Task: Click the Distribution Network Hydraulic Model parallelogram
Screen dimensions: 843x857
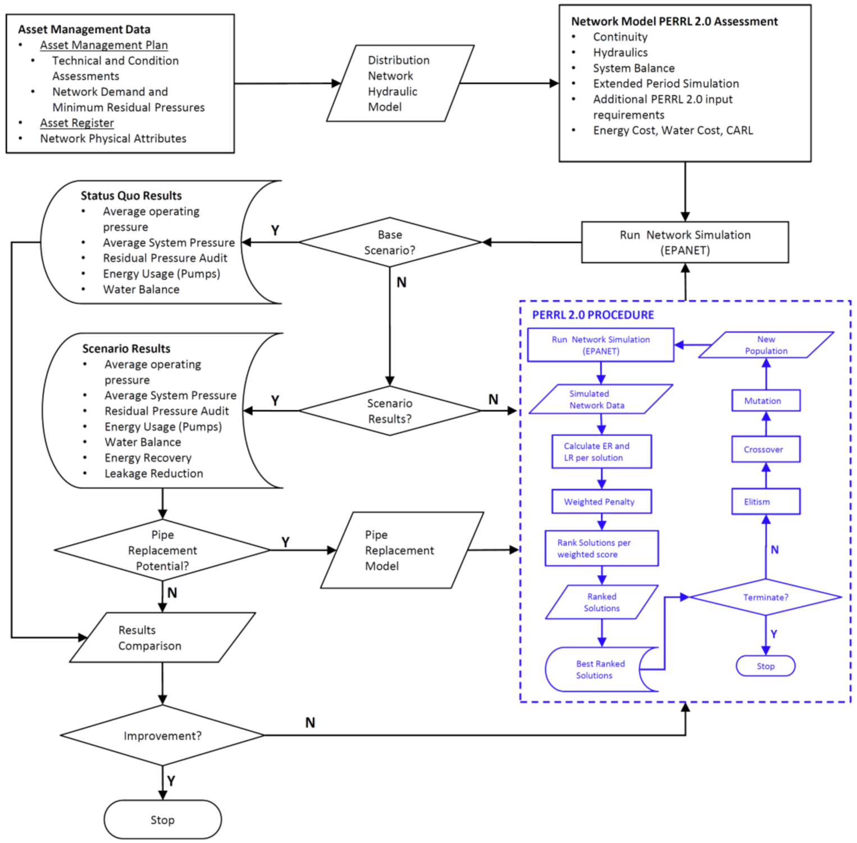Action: point(400,83)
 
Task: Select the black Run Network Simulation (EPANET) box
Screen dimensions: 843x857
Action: point(685,242)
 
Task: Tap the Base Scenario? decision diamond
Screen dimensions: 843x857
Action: point(390,242)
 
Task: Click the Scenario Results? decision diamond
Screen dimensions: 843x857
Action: point(390,411)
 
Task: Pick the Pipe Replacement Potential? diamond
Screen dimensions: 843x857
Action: point(162,550)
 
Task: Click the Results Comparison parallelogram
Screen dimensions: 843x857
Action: point(162,638)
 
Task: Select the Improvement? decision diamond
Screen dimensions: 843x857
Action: point(162,735)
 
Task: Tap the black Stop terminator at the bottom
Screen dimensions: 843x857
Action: point(162,819)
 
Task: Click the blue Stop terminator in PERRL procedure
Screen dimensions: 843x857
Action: point(765,666)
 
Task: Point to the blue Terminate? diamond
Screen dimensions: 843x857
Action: point(765,597)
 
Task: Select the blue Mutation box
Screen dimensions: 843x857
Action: point(765,401)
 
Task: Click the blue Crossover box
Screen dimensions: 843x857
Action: point(765,449)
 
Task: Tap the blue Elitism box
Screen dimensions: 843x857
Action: point(765,501)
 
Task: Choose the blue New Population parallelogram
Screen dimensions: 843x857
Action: point(766,345)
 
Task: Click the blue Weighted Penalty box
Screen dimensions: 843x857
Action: point(601,501)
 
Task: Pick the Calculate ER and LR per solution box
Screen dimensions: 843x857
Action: point(601,451)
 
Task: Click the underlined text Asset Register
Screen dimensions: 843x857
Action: point(77,123)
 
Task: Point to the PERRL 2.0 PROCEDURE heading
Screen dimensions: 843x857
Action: point(593,315)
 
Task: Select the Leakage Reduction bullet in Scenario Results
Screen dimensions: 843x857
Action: point(153,473)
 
